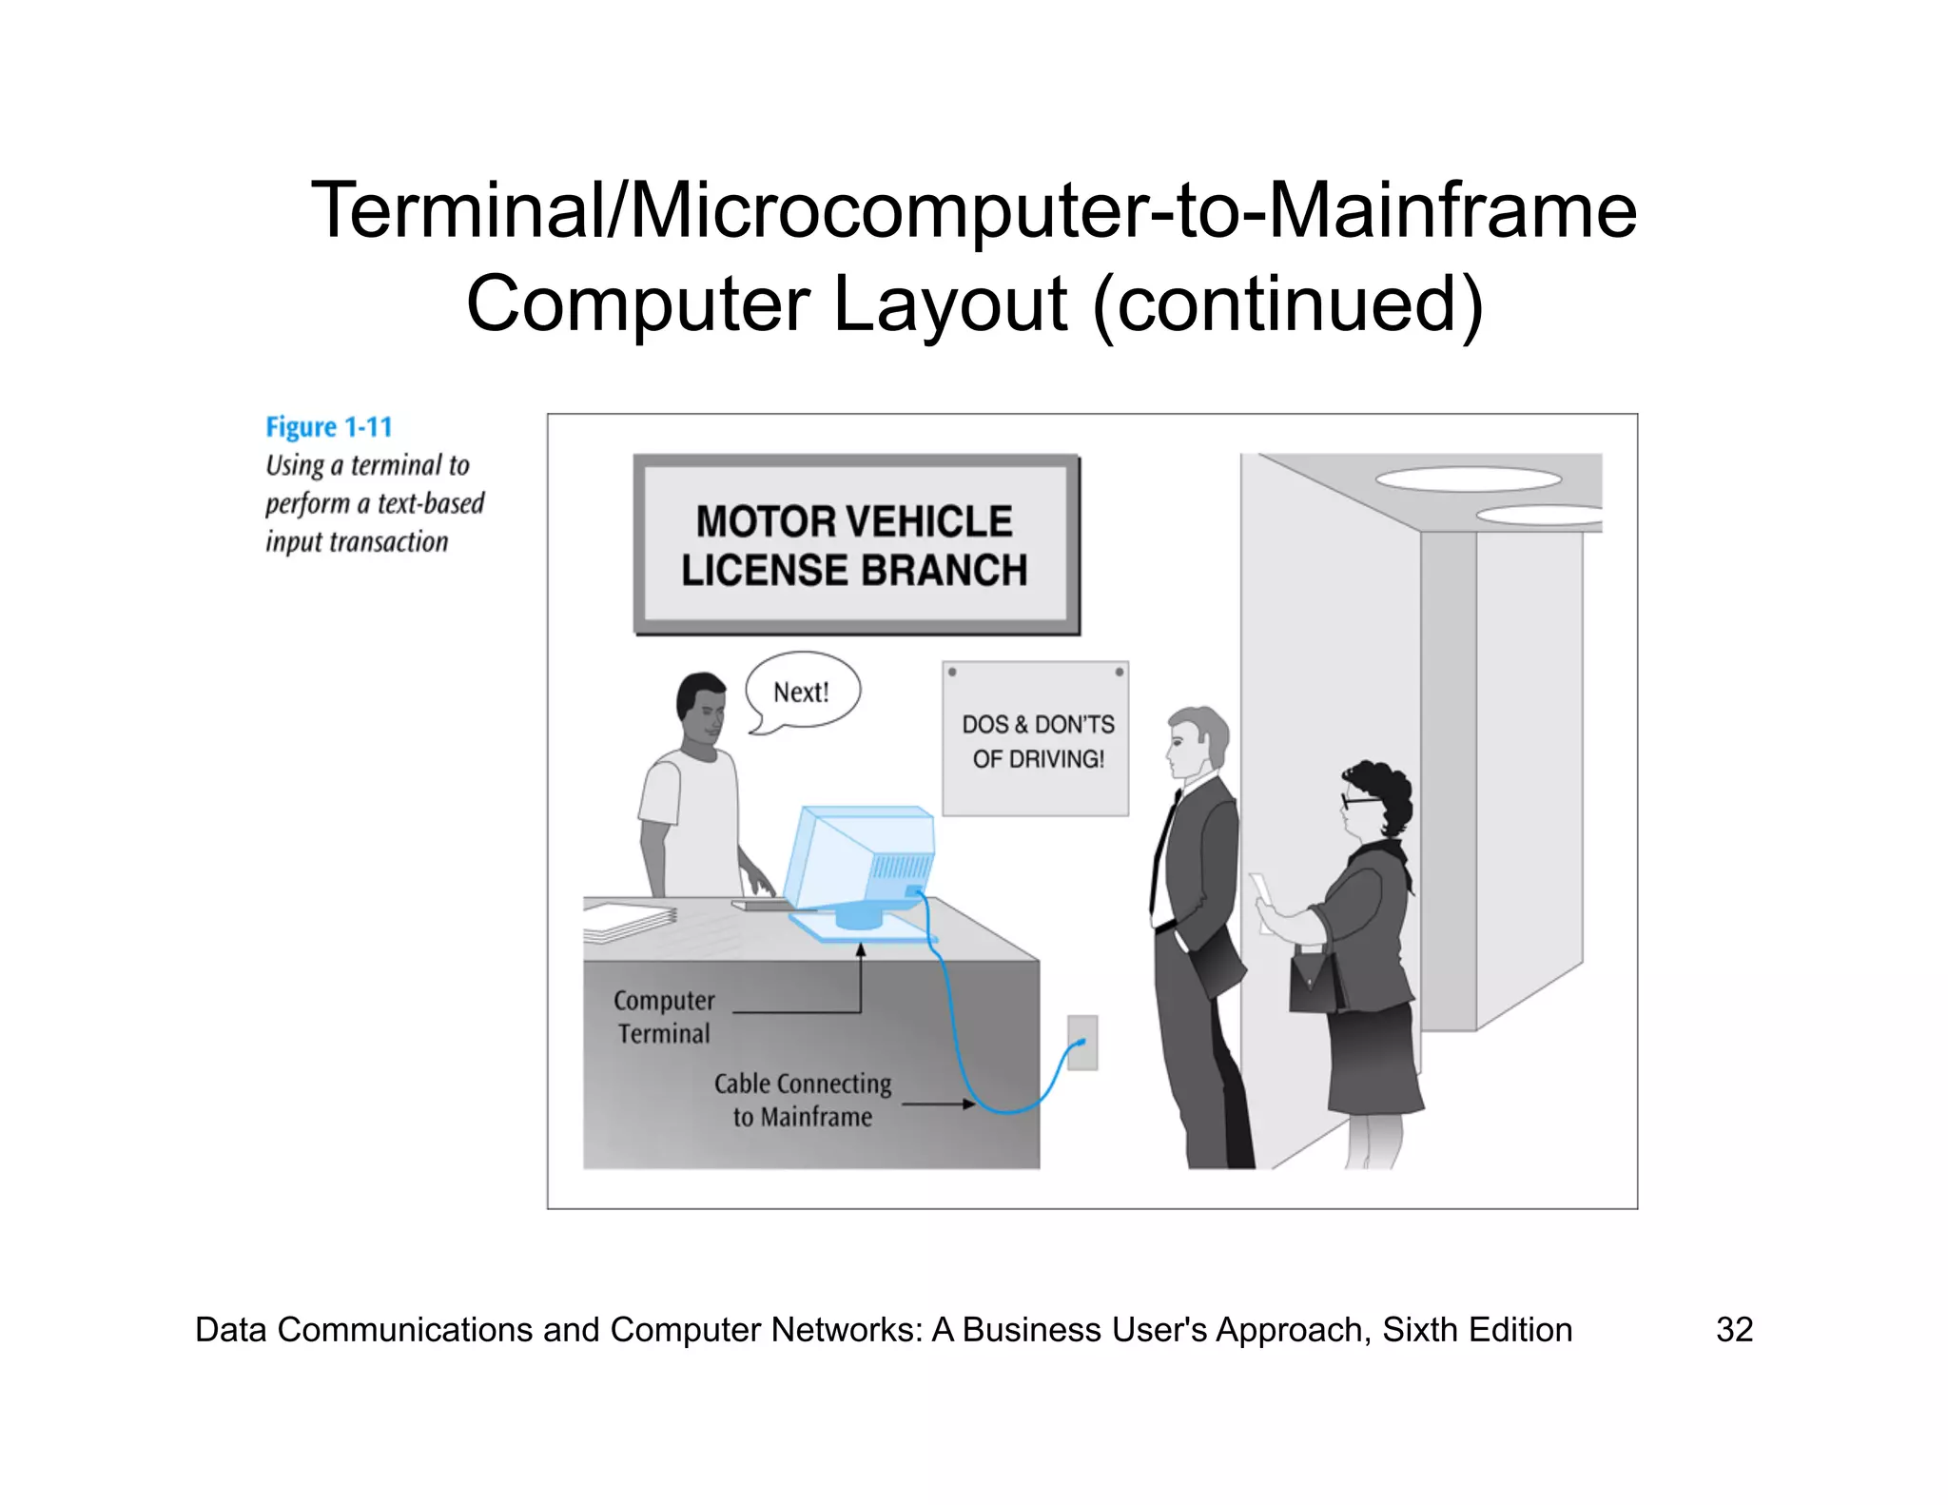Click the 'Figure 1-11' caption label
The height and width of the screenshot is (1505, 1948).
tap(328, 427)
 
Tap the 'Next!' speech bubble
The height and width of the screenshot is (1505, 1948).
tap(802, 692)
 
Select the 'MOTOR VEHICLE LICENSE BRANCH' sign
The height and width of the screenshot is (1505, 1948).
tap(855, 545)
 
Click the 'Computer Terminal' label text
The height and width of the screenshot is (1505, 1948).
tap(664, 1017)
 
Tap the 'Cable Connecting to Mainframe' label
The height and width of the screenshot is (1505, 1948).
tap(803, 1100)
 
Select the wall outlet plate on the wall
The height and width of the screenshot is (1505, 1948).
tap(1082, 1043)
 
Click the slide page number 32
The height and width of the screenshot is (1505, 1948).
tap(1734, 1329)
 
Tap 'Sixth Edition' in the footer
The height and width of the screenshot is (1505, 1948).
tap(1476, 1329)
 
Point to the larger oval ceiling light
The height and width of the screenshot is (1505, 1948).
tap(1468, 479)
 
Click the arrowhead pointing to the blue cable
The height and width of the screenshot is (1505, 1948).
tap(969, 1104)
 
